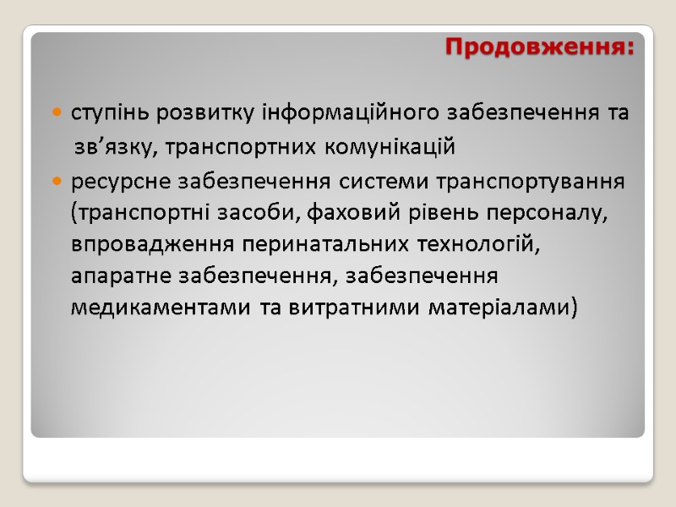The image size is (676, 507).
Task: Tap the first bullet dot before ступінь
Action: [x=57, y=112]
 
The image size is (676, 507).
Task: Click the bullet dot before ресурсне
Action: [x=57, y=181]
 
